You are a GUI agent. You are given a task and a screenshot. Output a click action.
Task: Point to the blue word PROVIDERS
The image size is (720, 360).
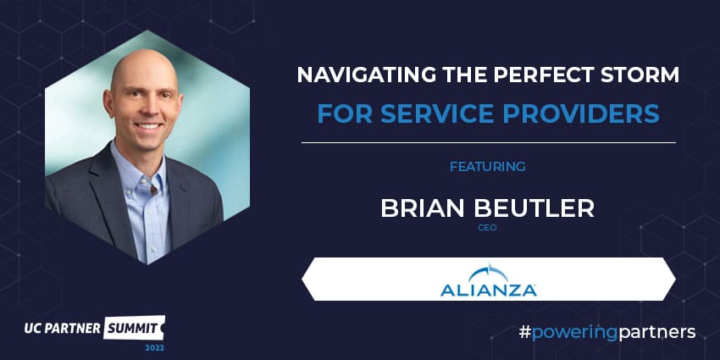pos(581,114)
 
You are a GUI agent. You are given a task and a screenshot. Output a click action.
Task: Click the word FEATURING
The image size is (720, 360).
pos(488,167)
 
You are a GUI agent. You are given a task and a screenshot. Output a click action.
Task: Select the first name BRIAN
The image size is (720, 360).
pos(423,208)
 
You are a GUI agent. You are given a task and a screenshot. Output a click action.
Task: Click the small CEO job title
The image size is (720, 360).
pos(487,228)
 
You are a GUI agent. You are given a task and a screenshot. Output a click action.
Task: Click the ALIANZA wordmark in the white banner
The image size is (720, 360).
pos(488,291)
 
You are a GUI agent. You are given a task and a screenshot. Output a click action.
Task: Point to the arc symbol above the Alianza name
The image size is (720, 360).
pos(488,274)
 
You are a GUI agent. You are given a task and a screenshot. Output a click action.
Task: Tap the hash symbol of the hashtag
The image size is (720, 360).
pos(524,331)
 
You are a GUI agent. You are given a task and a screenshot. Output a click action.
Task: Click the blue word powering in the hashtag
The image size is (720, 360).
pos(574,333)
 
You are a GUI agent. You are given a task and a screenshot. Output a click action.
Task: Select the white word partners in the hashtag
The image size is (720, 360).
pos(656,332)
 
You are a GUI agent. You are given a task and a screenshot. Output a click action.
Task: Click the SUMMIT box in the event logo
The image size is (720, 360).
pos(134,328)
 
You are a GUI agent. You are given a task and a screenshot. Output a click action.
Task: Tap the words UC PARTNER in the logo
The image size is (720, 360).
pos(63,329)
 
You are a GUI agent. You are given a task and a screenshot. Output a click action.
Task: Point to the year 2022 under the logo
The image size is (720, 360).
pos(155,348)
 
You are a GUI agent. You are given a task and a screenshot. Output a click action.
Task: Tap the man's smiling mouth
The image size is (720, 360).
pos(147,126)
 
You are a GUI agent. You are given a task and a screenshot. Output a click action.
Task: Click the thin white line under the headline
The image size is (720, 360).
pos(489,143)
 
